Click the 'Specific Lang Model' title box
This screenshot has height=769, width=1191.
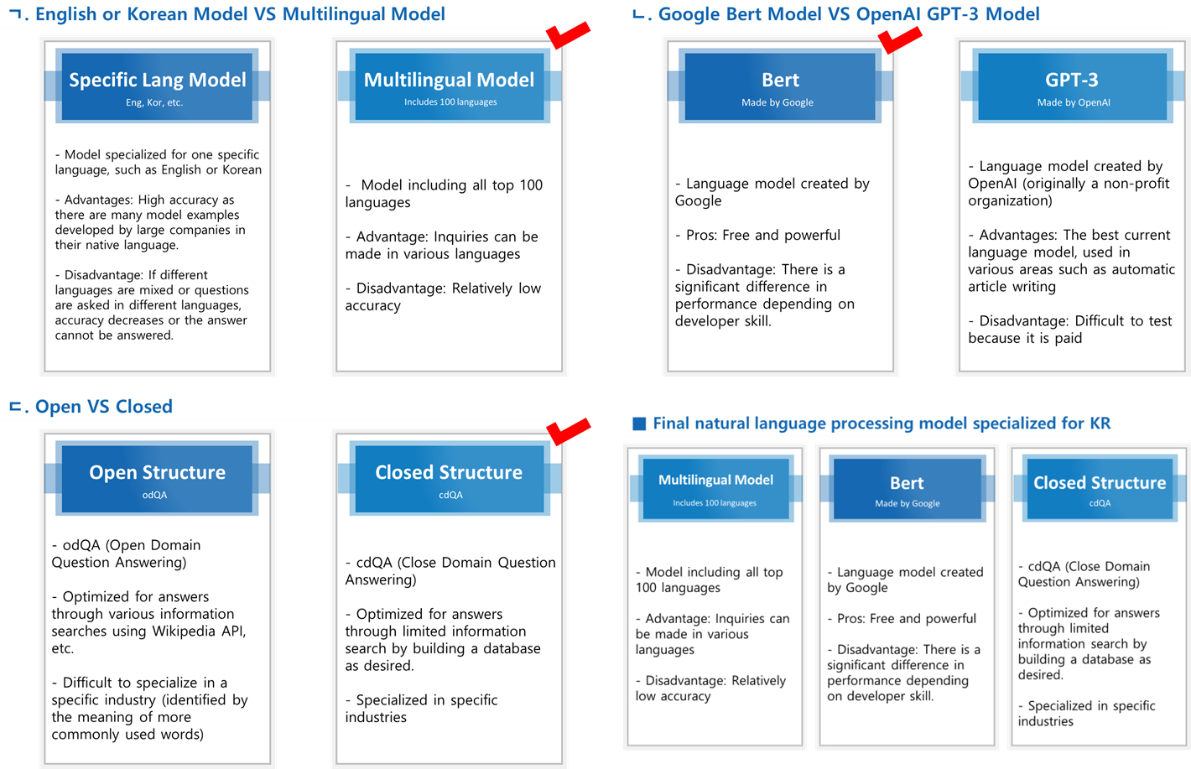(x=157, y=86)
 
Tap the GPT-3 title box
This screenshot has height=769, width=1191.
(x=1073, y=86)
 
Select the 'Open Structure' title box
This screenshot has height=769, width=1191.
(x=157, y=478)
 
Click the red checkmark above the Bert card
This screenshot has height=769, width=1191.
(x=900, y=39)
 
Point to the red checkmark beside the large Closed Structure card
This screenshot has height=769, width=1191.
(x=569, y=431)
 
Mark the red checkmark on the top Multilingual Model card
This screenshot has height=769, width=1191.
(x=568, y=35)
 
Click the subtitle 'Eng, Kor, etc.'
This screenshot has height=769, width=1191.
(x=154, y=102)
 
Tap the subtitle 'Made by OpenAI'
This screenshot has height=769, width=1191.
(x=1074, y=102)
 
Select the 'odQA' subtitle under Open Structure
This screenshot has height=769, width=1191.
(x=154, y=495)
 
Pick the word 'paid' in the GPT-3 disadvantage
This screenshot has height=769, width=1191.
(x=1068, y=338)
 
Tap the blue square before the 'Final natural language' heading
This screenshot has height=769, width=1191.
(x=639, y=423)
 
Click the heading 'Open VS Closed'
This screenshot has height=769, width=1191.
(x=104, y=407)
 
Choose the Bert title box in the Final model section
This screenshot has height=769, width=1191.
(x=907, y=489)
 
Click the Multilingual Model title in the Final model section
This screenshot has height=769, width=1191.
(x=715, y=480)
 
